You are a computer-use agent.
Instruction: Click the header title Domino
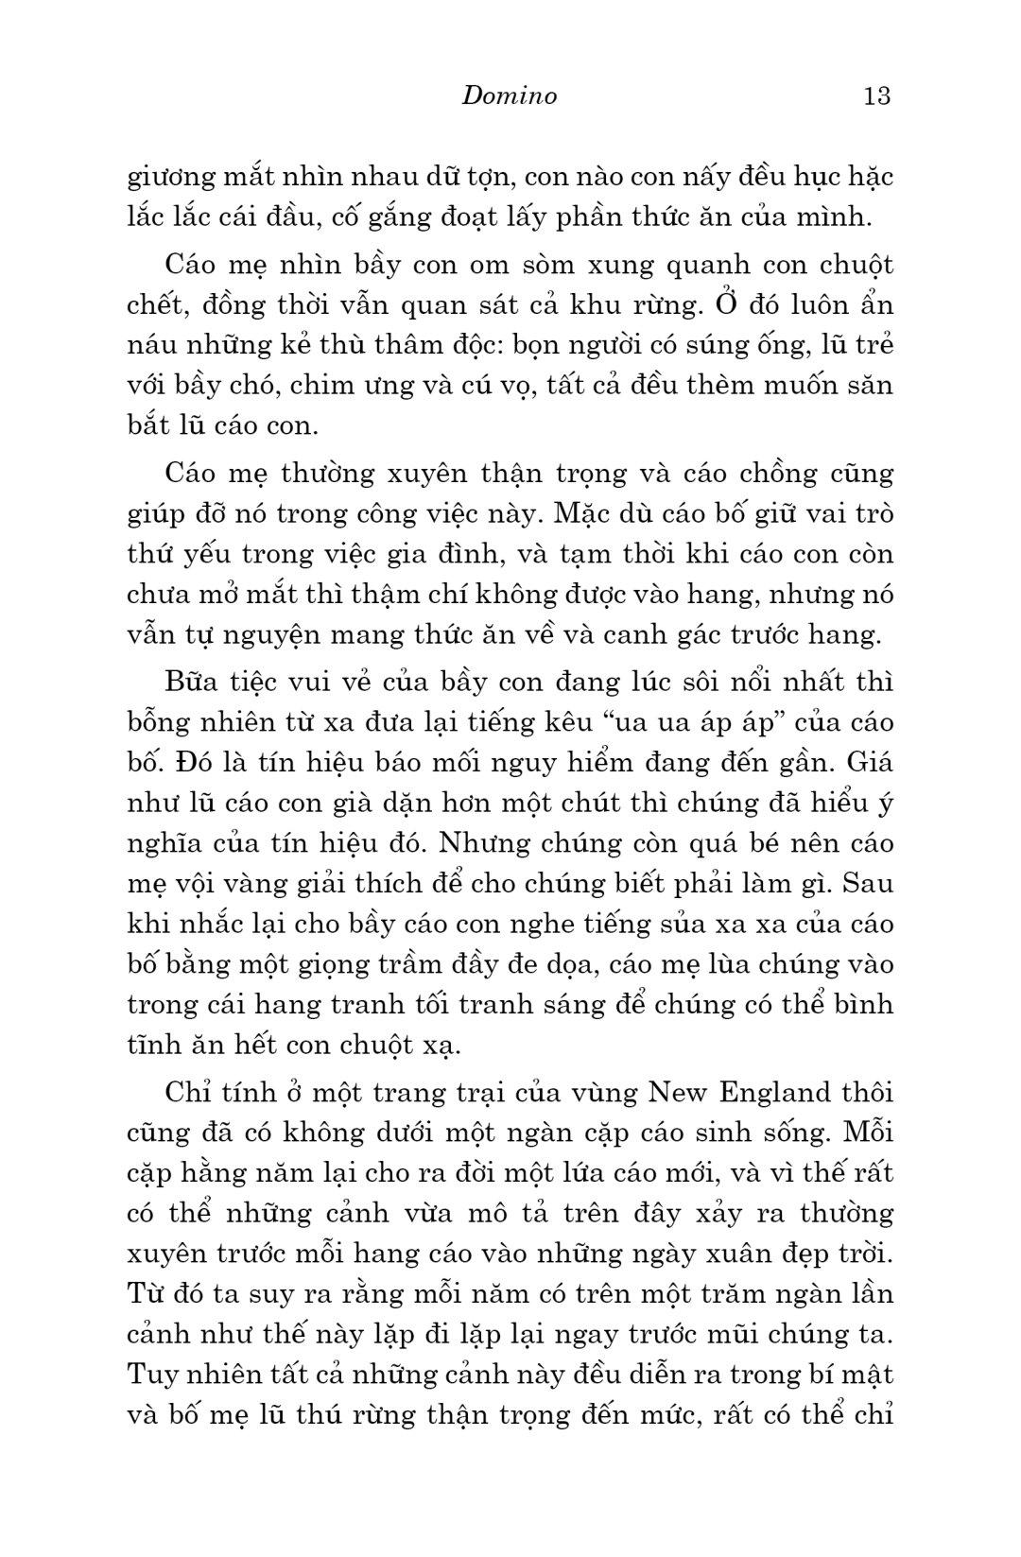[x=510, y=95]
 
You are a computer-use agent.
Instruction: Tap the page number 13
[x=876, y=95]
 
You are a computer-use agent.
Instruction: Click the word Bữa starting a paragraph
[x=192, y=683]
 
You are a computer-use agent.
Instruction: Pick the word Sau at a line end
[x=866, y=884]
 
